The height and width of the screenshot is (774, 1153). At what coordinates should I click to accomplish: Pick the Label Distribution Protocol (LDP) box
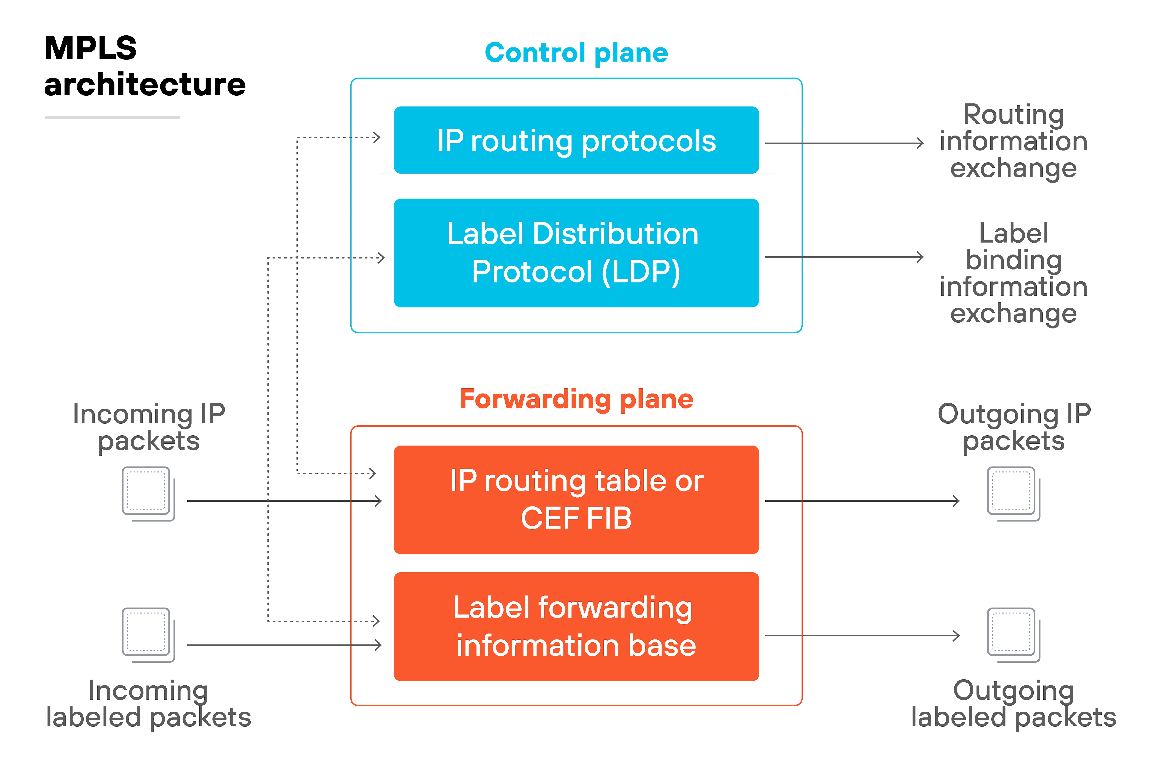576,253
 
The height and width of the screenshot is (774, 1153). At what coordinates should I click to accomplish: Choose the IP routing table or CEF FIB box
576,500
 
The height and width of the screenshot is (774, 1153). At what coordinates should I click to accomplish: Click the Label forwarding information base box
576,626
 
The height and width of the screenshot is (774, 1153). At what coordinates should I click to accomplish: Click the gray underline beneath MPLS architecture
112,117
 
